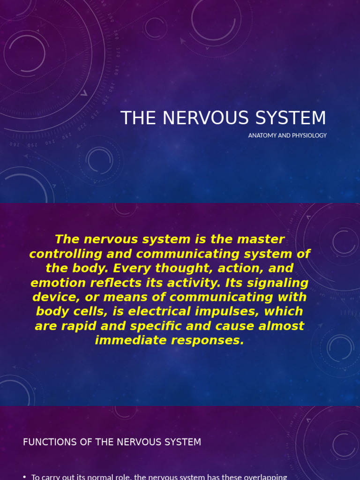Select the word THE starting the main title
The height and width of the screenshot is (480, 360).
tap(137, 118)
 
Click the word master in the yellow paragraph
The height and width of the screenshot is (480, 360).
tap(261, 240)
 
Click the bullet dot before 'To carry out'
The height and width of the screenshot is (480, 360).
tap(24, 477)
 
